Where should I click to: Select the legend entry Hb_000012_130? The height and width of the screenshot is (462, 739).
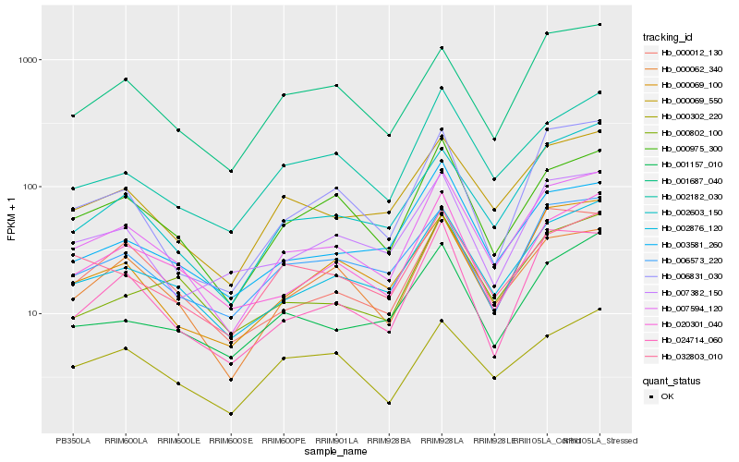pyautogui.click(x=692, y=53)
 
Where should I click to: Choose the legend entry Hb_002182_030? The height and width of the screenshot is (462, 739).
pyautogui.click(x=692, y=197)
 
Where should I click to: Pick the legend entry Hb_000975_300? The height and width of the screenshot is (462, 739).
pyautogui.click(x=692, y=149)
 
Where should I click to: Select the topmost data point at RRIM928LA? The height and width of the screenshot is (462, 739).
pyautogui.click(x=442, y=48)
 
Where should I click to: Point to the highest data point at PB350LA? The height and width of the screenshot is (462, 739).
pyautogui.click(x=73, y=115)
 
